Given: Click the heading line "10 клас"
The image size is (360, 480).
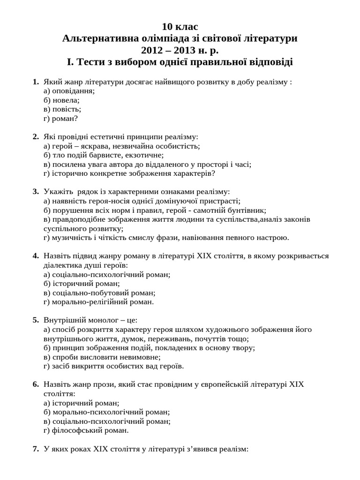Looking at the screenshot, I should [x=180, y=27].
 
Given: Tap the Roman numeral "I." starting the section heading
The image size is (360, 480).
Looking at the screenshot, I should [x=71, y=61].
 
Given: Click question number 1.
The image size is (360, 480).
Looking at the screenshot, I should [x=36, y=82].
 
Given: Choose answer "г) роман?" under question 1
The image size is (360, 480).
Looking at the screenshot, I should [x=60, y=118].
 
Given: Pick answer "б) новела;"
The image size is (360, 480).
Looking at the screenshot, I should [x=61, y=100].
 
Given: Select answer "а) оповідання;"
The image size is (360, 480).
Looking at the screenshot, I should [x=69, y=91].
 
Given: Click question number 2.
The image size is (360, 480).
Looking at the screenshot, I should [x=36, y=137].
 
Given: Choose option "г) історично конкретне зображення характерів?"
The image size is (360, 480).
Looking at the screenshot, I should [x=129, y=173].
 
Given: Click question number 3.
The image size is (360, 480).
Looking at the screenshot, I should [x=36, y=191].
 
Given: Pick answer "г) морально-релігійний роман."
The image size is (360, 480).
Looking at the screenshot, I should [x=98, y=301].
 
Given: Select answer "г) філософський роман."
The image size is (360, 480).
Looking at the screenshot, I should [x=86, y=430].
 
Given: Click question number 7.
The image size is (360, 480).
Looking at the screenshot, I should [x=36, y=449].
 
